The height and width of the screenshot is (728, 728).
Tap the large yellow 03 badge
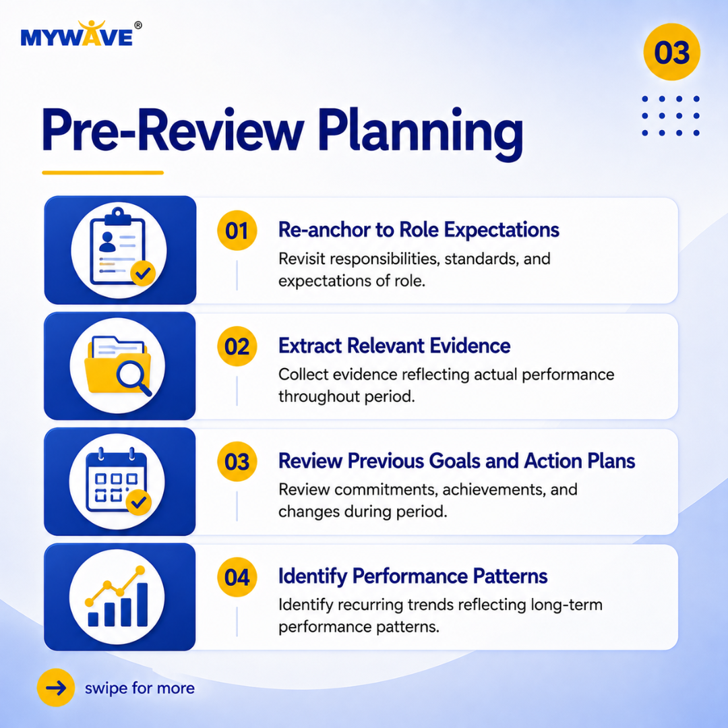click(x=671, y=52)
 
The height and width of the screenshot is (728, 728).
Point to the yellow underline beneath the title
click(x=102, y=173)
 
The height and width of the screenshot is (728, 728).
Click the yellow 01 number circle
click(x=237, y=231)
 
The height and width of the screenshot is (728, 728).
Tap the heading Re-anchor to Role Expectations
click(x=419, y=230)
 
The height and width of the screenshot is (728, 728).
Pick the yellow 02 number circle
click(x=237, y=346)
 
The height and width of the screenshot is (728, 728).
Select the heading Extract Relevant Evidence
click(x=394, y=346)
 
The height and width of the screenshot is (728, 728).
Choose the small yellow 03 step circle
click(x=237, y=462)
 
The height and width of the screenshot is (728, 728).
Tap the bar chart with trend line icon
click(x=117, y=596)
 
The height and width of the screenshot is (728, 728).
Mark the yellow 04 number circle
click(x=237, y=577)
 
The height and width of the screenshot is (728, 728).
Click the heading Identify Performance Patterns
click(x=413, y=576)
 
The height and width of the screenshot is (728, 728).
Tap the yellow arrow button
click(x=56, y=688)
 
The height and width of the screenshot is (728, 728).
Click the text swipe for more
click(x=140, y=688)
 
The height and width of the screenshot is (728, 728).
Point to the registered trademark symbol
click(x=138, y=26)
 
